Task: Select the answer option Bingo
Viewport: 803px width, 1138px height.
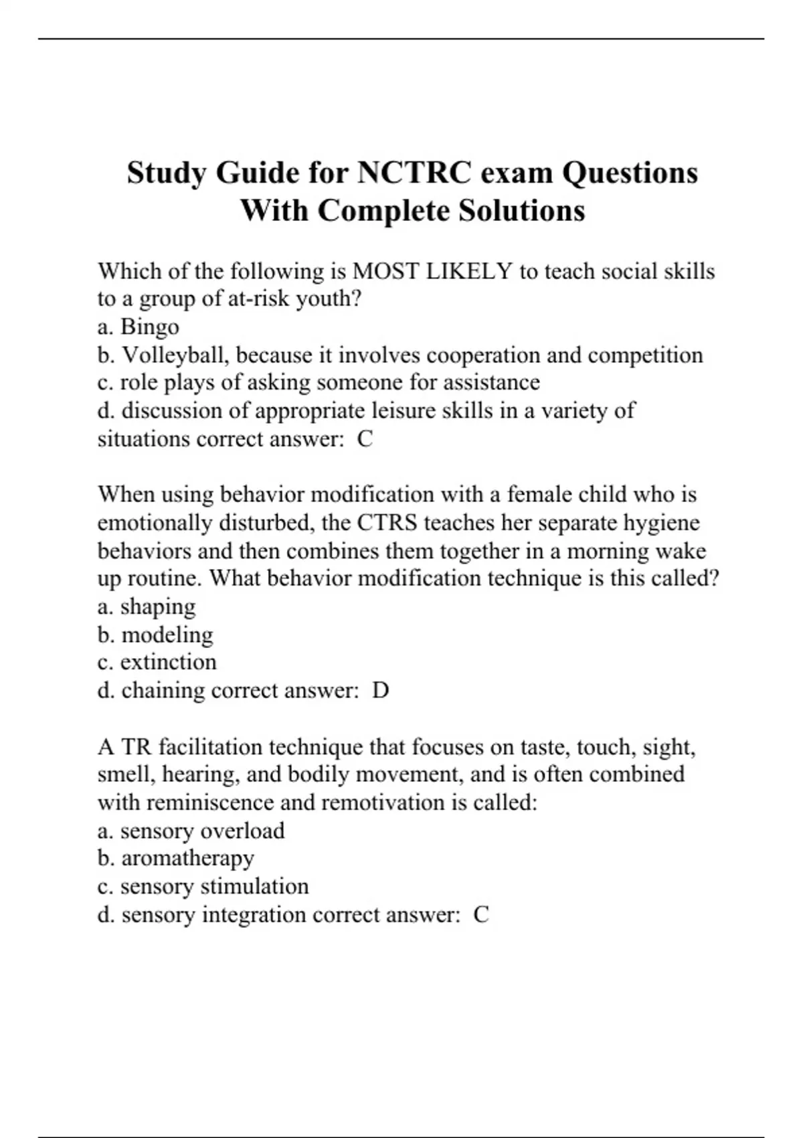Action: pos(149,327)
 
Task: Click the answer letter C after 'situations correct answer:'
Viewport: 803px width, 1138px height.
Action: pos(365,439)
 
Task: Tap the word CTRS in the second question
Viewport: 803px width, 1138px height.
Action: pos(386,523)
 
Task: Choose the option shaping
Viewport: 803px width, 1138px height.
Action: pos(158,606)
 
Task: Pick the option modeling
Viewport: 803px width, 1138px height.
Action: pos(167,635)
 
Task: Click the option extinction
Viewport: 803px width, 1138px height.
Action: pos(168,662)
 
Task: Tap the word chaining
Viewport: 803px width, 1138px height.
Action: pos(163,690)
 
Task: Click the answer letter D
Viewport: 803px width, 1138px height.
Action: pos(380,690)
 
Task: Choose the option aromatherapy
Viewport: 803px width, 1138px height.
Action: pos(187,858)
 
